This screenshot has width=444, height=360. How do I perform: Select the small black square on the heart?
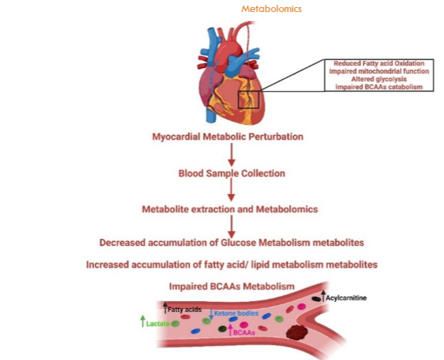pos(249,99)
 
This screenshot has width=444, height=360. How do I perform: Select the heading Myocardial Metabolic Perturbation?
pos(231,136)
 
